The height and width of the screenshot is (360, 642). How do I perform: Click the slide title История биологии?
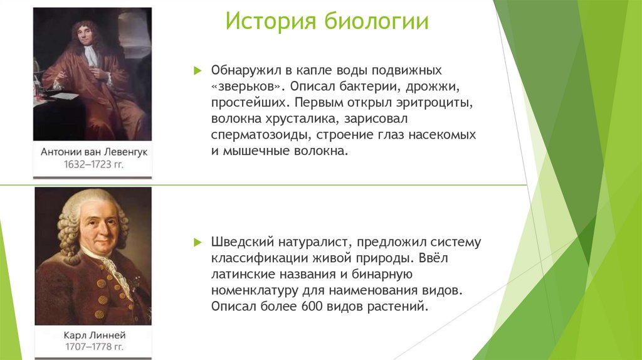327,22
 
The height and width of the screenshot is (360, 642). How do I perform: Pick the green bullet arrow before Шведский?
197,242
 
